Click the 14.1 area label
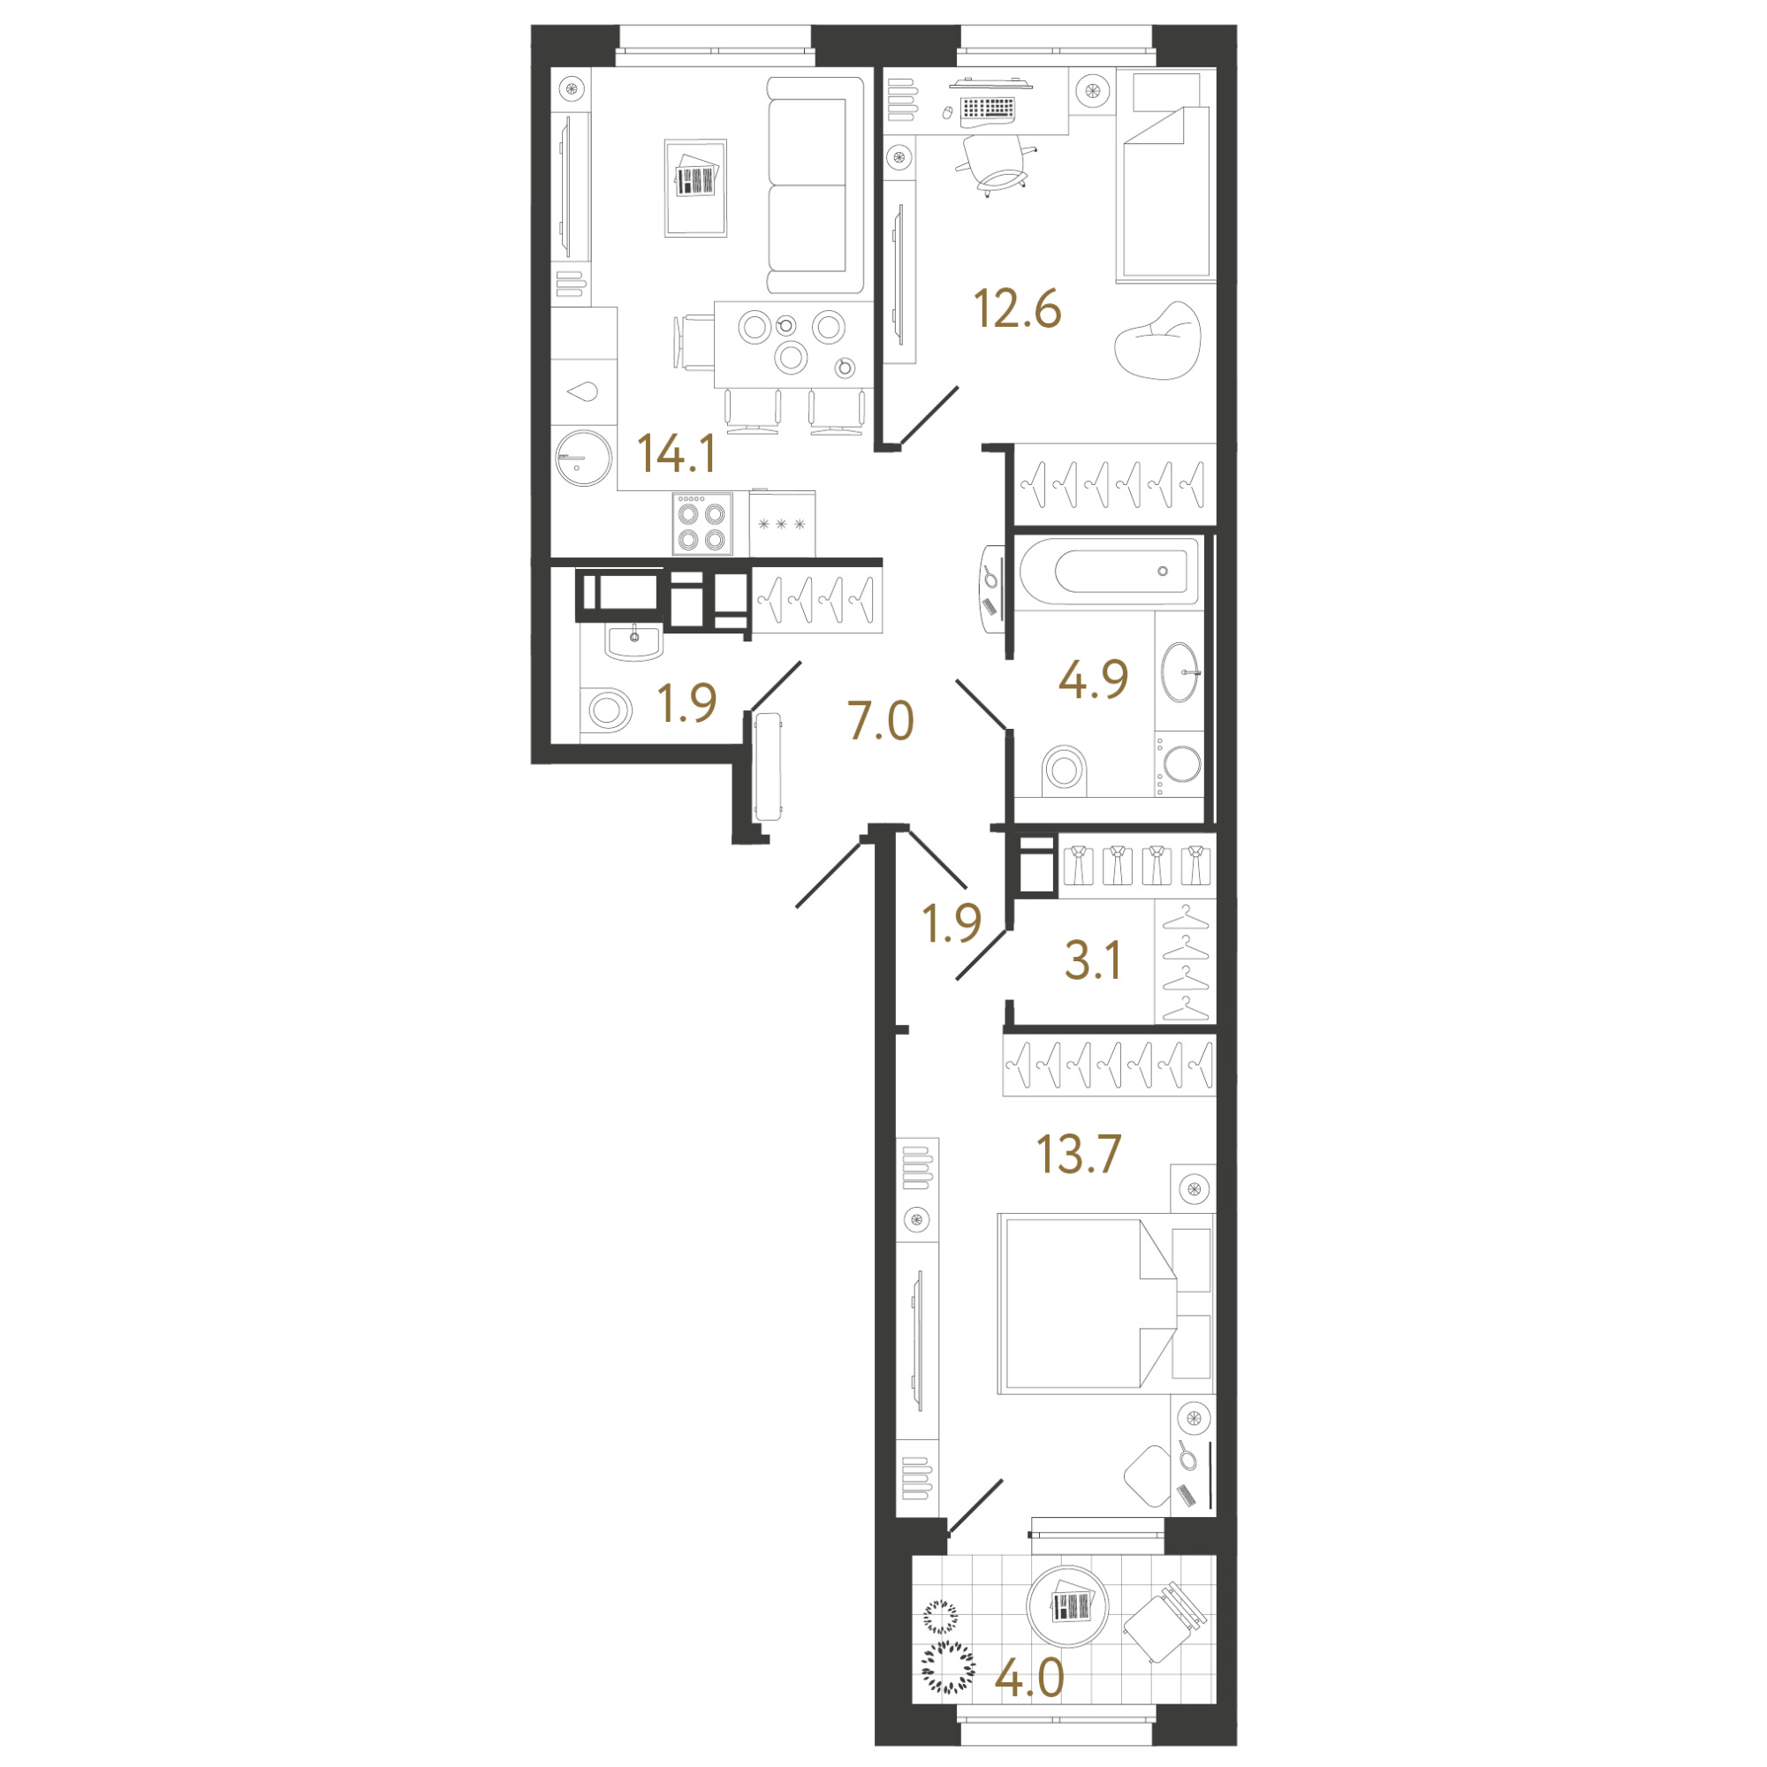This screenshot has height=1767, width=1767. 676,453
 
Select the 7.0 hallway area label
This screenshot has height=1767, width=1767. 881,721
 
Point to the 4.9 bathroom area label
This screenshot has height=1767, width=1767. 1093,679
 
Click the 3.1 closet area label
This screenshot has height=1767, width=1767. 1093,961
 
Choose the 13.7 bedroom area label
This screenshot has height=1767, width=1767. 1078,1154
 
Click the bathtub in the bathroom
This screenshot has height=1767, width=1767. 1109,571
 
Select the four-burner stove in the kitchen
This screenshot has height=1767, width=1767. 702,524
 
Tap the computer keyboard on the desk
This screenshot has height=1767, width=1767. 987,109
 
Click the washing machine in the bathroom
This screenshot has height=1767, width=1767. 1179,763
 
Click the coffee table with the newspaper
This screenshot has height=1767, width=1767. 696,188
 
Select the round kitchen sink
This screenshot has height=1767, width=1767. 583,458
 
